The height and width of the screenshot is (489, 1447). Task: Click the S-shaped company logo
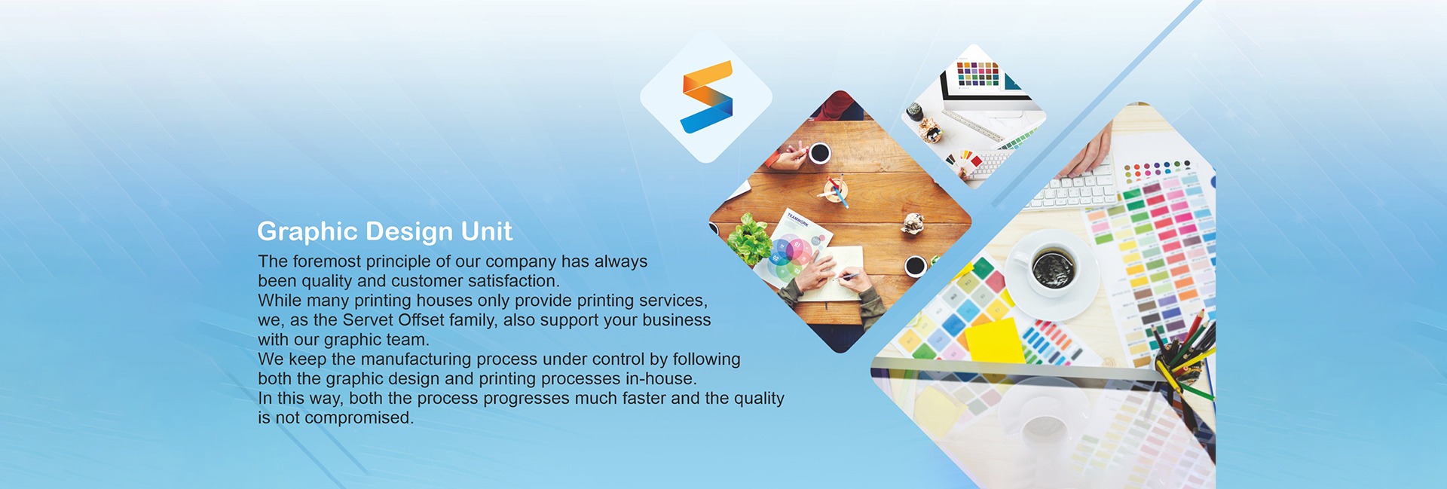[x=706, y=96]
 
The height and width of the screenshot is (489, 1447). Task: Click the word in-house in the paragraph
[x=660, y=379]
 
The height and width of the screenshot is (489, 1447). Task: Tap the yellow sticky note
[x=995, y=340]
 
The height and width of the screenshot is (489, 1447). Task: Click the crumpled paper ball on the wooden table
[x=913, y=223]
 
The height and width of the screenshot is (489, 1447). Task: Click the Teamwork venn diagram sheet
[x=793, y=248]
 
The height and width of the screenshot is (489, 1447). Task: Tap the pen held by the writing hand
[x=848, y=277]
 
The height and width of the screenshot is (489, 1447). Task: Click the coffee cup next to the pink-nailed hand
[x=819, y=153]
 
